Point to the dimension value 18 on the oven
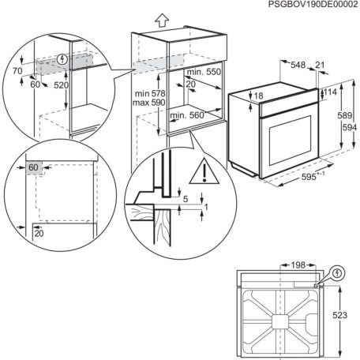point(257,97)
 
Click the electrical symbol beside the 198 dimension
point(339,274)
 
